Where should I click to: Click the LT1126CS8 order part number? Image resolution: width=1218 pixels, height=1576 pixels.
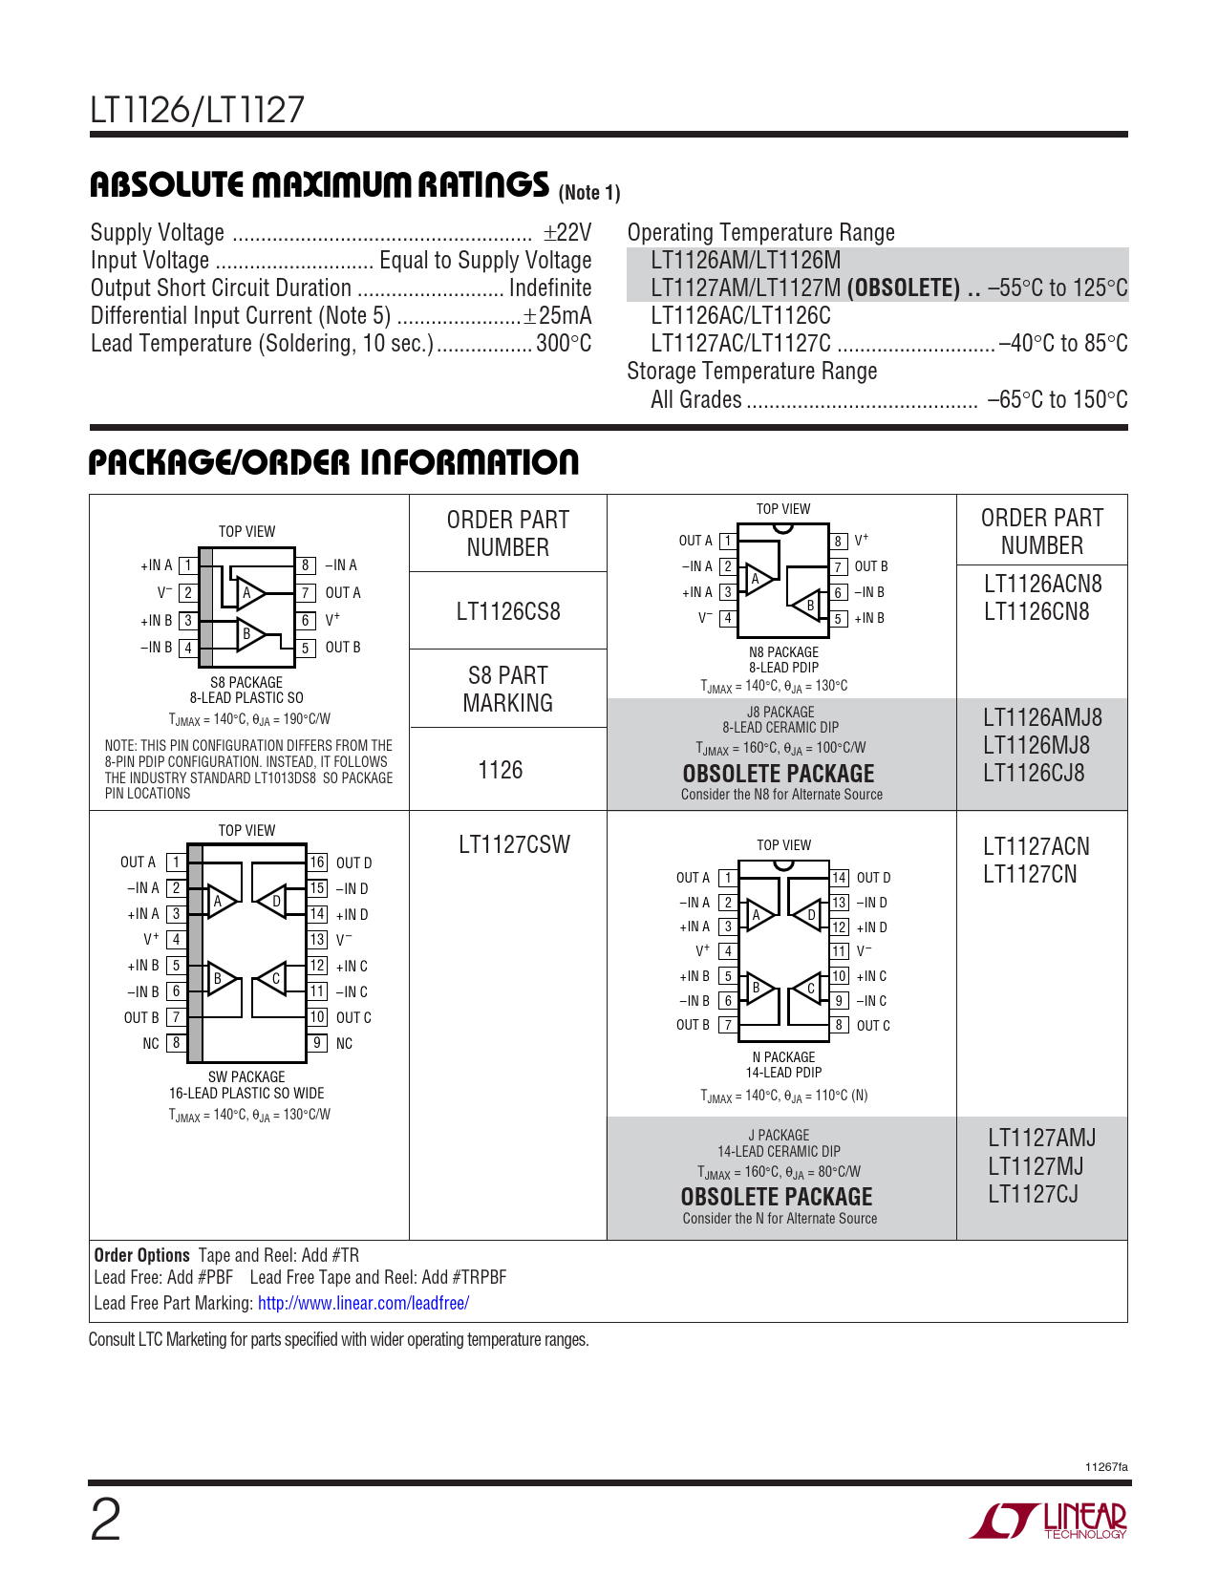pyautogui.click(x=507, y=611)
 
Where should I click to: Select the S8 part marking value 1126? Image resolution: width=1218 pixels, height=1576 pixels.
pyautogui.click(x=501, y=770)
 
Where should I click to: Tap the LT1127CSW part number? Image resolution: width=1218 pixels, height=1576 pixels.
pyautogui.click(x=514, y=844)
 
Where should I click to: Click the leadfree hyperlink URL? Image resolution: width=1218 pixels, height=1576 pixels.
pyautogui.click(x=363, y=1303)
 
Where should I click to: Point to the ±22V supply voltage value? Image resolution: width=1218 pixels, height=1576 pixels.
pyautogui.click(x=567, y=233)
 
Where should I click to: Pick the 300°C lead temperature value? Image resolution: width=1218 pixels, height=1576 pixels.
pyautogui.click(x=564, y=344)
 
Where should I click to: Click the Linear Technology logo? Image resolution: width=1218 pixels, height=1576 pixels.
pyautogui.click(x=1049, y=1520)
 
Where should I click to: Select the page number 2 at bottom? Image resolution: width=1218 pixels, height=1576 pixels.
pyautogui.click(x=105, y=1520)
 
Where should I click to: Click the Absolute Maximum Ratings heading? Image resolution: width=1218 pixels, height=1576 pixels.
pyautogui.click(x=319, y=185)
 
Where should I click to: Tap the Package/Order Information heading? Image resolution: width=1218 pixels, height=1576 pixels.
pyautogui.click(x=333, y=463)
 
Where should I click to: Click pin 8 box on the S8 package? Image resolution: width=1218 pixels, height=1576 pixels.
pyautogui.click(x=306, y=565)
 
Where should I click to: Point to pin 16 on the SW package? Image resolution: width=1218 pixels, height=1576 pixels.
pyautogui.click(x=317, y=863)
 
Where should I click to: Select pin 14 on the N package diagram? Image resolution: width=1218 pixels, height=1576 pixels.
pyautogui.click(x=839, y=878)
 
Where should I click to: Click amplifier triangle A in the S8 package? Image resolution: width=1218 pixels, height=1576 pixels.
pyautogui.click(x=249, y=593)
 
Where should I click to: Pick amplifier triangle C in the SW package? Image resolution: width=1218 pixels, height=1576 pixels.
pyautogui.click(x=273, y=979)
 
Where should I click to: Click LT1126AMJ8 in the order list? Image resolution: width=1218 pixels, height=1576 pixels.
pyautogui.click(x=1042, y=717)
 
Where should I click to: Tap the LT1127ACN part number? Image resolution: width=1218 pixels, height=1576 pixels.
pyautogui.click(x=1036, y=846)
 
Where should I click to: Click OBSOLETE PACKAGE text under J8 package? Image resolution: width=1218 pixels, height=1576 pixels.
pyautogui.click(x=779, y=774)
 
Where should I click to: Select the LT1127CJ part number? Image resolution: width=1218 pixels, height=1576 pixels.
pyautogui.click(x=1033, y=1194)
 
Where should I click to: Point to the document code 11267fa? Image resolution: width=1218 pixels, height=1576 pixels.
pyautogui.click(x=1106, y=1467)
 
